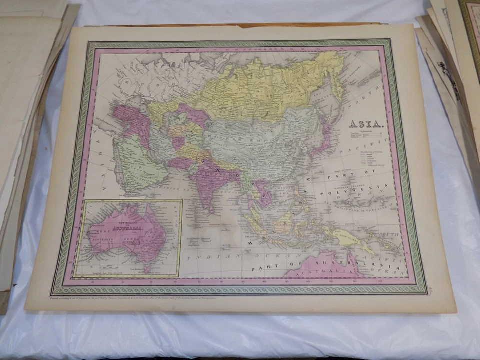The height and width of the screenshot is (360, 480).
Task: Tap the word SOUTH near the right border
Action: click(389, 234)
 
